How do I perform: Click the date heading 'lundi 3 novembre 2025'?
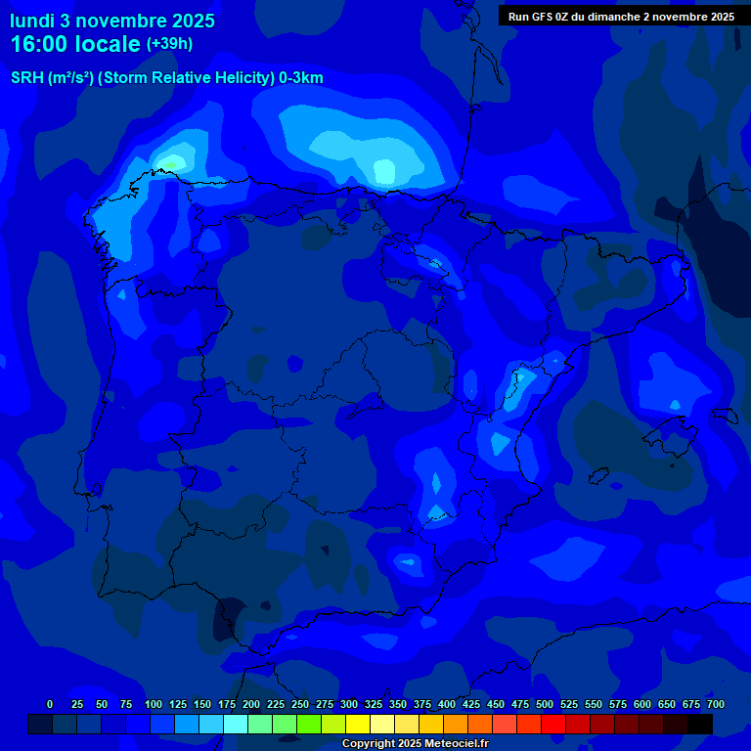112,21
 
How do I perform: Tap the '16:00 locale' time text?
76,44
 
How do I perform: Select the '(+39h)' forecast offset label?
170,43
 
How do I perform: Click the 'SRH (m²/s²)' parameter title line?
166,78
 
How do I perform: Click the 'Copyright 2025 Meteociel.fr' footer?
415,743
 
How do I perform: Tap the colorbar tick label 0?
50,704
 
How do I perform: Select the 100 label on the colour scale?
154,704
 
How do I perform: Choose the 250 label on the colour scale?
300,704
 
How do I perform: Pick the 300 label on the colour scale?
349,704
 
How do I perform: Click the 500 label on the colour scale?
545,704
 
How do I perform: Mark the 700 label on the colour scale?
716,704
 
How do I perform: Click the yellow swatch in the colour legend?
358,725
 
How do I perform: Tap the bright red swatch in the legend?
553,725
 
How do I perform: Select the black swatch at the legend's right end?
700,725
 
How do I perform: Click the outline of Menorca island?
725,415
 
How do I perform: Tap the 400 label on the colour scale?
447,704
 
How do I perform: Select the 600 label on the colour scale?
642,704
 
